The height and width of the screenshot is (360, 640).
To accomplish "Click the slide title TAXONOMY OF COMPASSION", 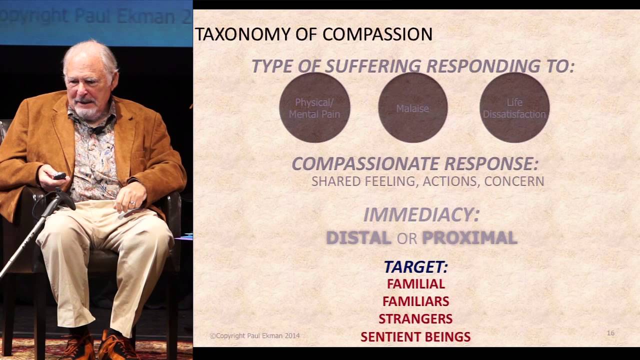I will tap(313, 34).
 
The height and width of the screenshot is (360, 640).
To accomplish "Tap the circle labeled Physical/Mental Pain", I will tap(314, 108).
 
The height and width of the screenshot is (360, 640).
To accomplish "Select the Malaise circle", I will tap(412, 108).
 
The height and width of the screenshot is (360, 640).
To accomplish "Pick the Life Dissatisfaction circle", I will tap(514, 108).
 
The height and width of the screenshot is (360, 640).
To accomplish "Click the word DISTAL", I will tap(358, 238).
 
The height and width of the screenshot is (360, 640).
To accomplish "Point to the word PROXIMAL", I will tap(469, 238).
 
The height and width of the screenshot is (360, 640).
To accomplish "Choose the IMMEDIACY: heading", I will tap(421, 214).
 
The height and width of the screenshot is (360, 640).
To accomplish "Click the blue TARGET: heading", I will tap(415, 267).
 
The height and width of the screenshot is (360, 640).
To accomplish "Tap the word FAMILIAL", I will tap(415, 284).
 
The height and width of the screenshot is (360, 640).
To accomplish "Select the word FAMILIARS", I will tap(415, 301).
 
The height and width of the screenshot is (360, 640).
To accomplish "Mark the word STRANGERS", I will tap(415, 319).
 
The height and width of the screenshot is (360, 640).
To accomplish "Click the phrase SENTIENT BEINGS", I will tap(415, 337).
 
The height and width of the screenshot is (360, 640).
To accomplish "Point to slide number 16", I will tap(610, 333).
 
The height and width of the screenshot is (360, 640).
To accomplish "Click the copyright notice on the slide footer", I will tap(254, 336).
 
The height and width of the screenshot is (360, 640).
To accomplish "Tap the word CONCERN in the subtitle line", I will tap(514, 181).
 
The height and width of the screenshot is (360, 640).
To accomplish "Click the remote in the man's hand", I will tap(59, 175).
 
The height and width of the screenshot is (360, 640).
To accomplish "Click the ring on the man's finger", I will tap(132, 203).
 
